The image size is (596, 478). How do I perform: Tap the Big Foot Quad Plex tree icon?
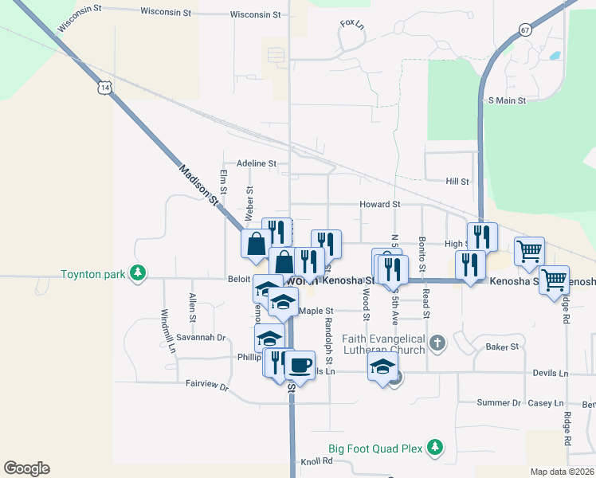[434, 448]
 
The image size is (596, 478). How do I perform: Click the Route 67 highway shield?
[523, 29]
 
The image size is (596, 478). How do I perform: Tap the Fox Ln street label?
[351, 23]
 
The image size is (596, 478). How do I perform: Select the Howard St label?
[379, 205]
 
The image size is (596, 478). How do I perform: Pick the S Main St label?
[506, 100]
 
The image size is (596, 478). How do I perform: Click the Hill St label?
[457, 182]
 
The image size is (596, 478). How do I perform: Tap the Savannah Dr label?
[202, 338]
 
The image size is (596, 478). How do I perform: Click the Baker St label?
[502, 347]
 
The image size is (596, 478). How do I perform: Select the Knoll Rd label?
[316, 461]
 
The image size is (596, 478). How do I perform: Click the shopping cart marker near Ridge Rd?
[554, 280]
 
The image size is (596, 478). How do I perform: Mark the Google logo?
[26, 468]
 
